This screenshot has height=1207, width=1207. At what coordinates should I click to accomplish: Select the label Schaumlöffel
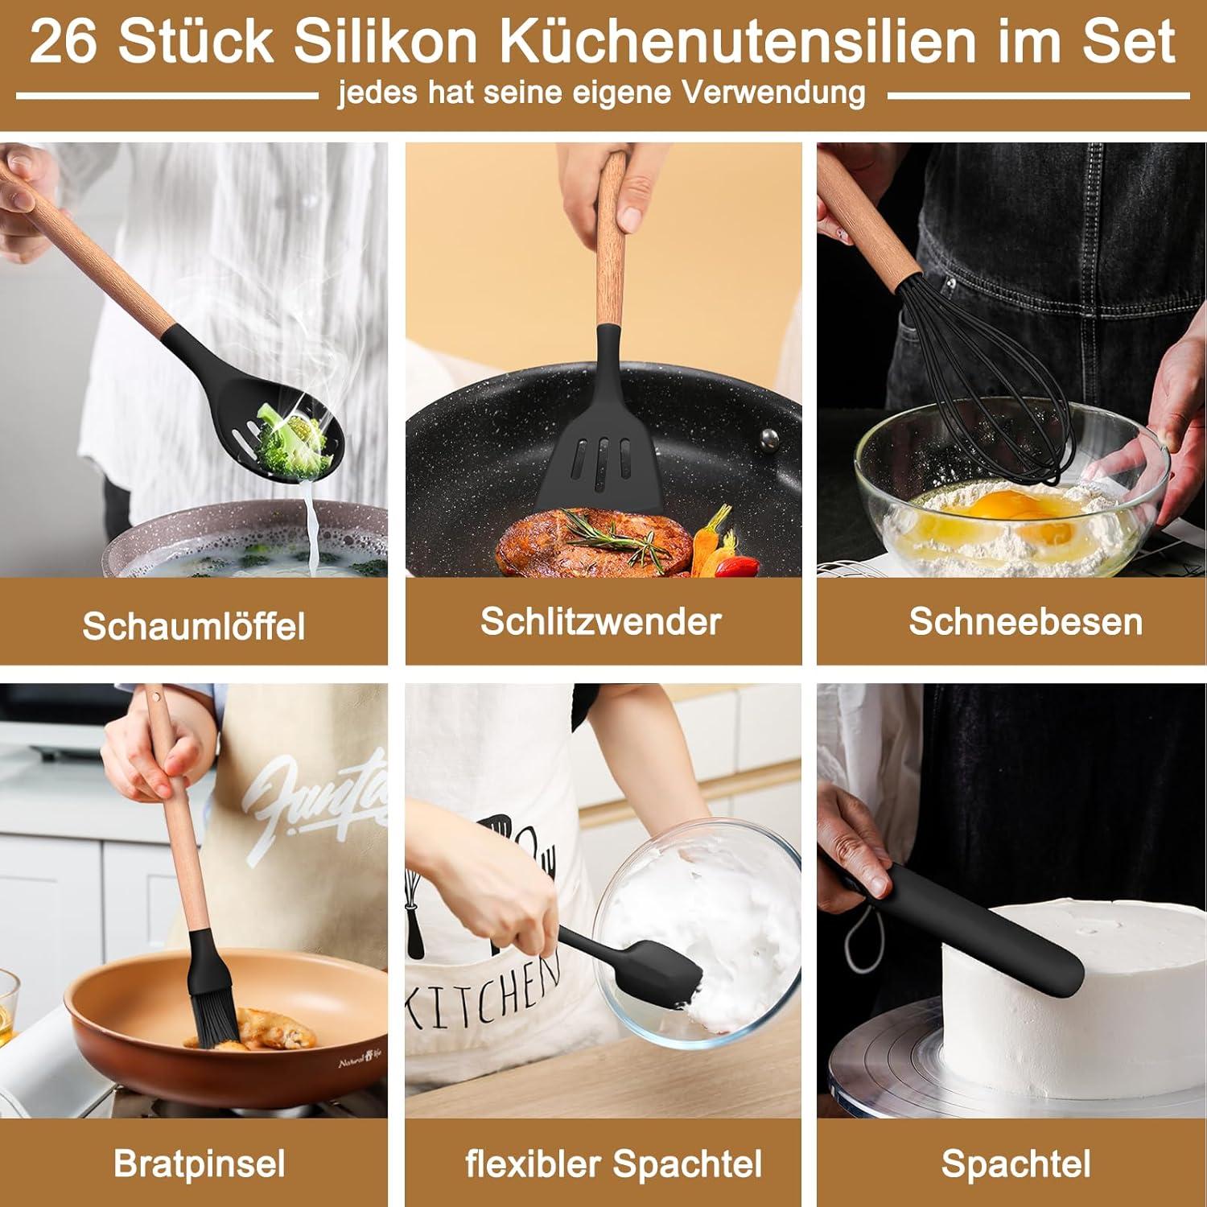(194, 626)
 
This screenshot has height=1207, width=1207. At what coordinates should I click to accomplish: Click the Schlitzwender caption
(601, 621)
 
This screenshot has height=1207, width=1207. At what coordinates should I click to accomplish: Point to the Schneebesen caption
(1026, 621)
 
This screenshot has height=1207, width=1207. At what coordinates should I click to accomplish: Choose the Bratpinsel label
(200, 1164)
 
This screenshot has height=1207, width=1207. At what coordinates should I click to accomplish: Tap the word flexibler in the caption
(533, 1164)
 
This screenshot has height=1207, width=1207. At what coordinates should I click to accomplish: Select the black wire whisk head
(998, 378)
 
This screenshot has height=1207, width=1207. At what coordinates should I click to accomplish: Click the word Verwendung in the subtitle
(775, 93)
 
